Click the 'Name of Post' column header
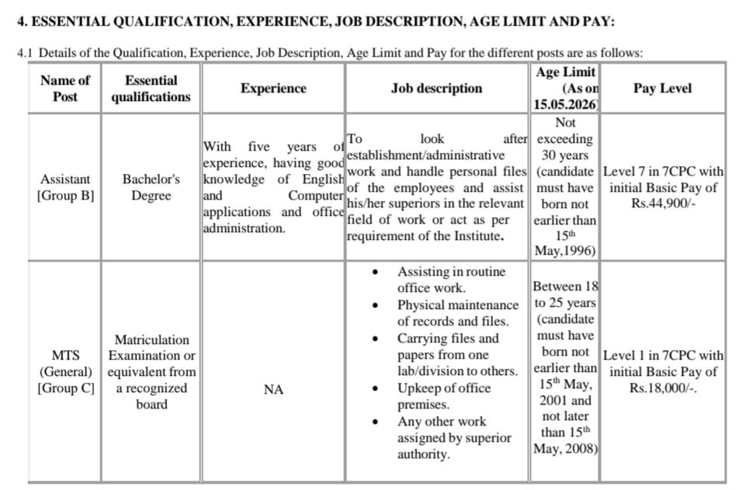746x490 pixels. tap(65, 89)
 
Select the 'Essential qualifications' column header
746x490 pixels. tap(151, 89)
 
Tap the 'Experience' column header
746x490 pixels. tap(273, 89)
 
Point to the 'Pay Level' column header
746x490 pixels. tap(662, 89)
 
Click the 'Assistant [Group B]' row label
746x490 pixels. tap(65, 187)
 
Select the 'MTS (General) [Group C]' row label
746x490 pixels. tap(65, 372)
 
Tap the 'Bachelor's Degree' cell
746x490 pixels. tap(151, 187)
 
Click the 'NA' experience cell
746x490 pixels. tap(273, 389)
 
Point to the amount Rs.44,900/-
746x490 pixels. tap(662, 204)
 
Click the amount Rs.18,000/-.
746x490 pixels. tap(662, 388)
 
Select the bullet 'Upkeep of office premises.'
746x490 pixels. tap(444, 396)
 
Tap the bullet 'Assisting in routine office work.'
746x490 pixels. tap(451, 280)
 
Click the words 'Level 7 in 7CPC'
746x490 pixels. tap(650, 172)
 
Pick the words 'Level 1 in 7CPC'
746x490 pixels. tap(650, 356)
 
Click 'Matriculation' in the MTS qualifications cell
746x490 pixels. tap(151, 339)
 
